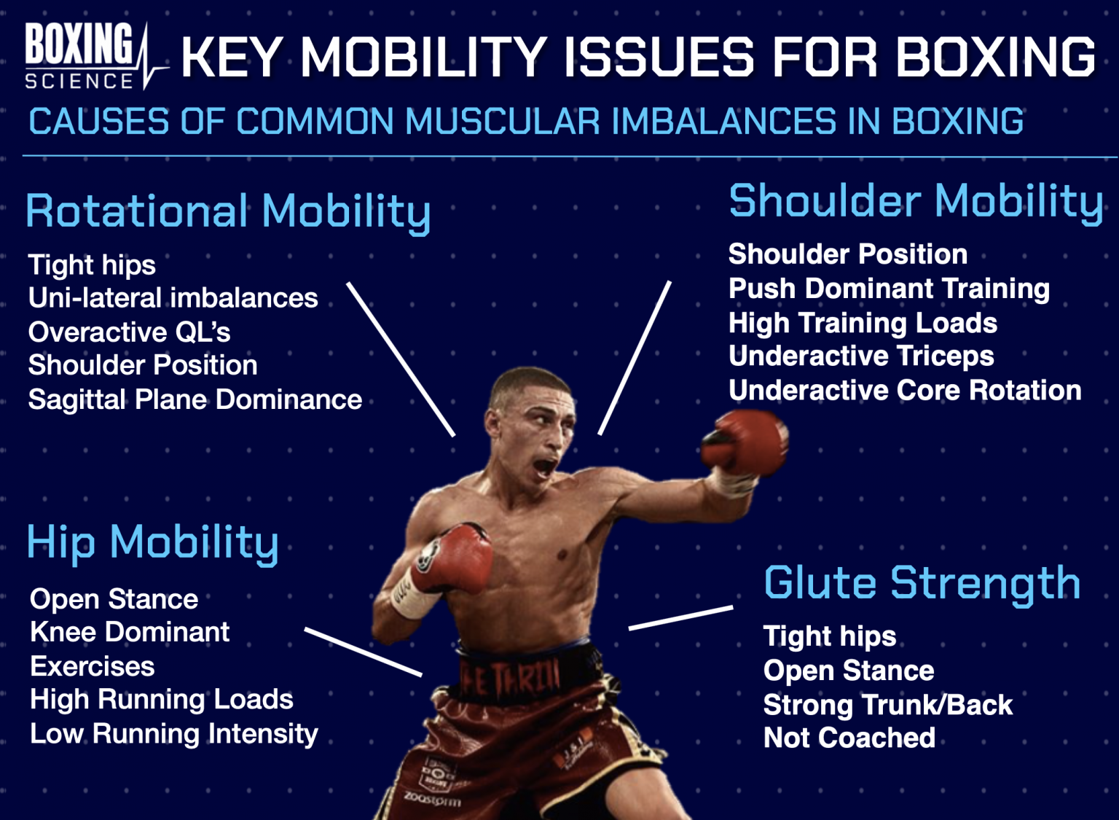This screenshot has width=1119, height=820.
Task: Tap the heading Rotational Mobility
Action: (228, 211)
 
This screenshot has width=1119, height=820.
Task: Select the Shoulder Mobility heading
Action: (916, 201)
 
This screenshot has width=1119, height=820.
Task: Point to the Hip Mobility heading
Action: (152, 543)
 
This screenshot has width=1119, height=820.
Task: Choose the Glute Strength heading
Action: (922, 583)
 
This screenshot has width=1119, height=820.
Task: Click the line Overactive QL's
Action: (129, 332)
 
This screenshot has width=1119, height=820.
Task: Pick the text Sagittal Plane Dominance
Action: (195, 399)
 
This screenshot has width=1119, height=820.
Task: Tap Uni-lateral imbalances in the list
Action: (173, 298)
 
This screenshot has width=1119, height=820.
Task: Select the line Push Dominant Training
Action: (889, 289)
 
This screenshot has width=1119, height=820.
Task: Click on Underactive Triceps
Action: (861, 356)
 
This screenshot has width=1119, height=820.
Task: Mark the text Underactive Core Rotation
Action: (905, 391)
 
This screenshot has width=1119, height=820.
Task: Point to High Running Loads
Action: (161, 700)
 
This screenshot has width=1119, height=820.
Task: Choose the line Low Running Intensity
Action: (173, 733)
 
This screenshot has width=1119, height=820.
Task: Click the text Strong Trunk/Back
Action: (887, 705)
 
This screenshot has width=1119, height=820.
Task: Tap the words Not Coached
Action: (849, 738)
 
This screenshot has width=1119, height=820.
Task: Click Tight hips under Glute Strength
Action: (829, 636)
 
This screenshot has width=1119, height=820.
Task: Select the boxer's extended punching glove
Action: (745, 442)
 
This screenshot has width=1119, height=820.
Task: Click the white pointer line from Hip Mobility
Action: (363, 652)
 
